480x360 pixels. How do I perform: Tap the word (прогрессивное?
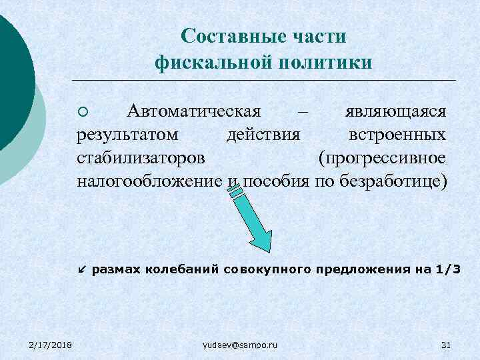382,158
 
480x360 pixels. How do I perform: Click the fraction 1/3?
447,269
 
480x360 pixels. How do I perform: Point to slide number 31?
447,344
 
